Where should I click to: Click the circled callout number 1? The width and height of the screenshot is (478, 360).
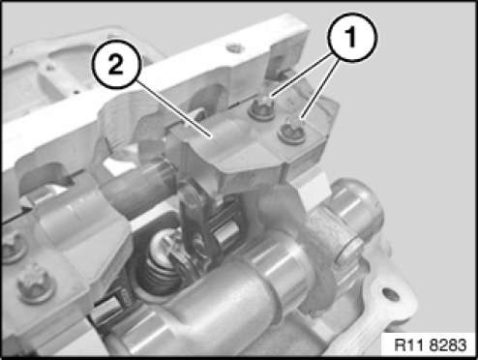pos(352,37)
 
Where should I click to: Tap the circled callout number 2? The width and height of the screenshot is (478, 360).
pos(117,64)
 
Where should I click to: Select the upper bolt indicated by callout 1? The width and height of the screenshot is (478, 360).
pos(261,107)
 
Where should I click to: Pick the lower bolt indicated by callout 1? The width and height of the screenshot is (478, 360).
pos(292,130)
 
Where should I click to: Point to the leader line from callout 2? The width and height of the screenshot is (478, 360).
pos(174,109)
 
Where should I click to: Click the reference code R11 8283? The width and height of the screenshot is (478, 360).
pos(431,345)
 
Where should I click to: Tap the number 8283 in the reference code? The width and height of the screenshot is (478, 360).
pos(449,345)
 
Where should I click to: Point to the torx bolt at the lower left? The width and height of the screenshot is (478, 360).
pos(36,285)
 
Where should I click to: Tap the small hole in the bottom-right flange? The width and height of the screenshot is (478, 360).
pos(390,293)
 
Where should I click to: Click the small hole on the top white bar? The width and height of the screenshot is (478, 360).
pos(233,48)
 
